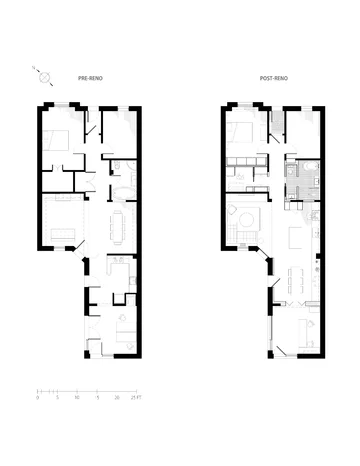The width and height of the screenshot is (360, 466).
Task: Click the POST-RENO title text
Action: [x=271, y=77]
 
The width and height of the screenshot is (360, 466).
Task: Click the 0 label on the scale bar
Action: [x=37, y=397]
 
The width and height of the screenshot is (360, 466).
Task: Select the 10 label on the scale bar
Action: [x=76, y=397]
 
